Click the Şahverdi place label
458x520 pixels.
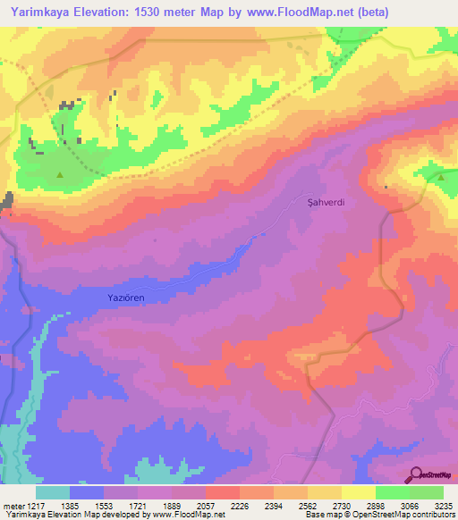pos(326,203)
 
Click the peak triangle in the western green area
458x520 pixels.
pos(61,175)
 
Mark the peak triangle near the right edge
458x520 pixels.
pos(442,177)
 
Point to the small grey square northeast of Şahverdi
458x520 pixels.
pos(386,187)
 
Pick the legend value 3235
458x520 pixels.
pos(443,507)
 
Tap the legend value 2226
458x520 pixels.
pos(239,507)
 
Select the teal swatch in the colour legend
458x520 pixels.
pos(53,492)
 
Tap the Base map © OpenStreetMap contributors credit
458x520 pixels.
pos(379,516)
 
